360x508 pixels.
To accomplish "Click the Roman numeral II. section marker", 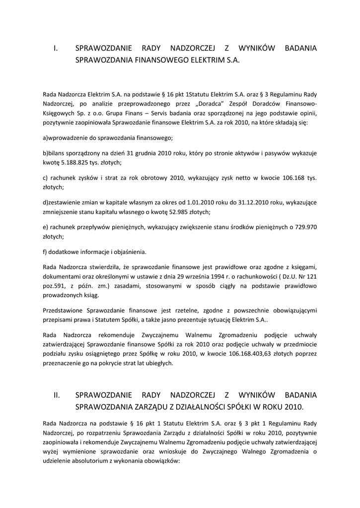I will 57,395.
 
